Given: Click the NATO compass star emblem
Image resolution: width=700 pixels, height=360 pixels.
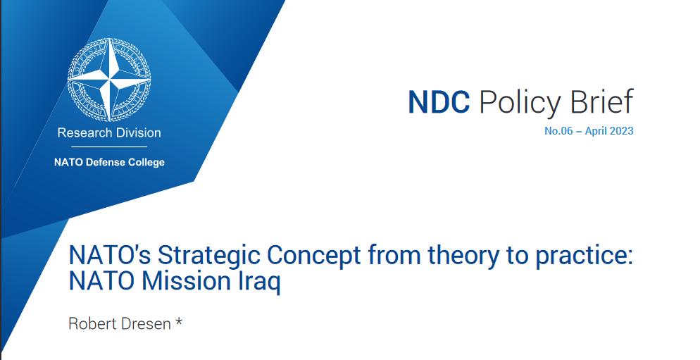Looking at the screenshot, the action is coord(109,80).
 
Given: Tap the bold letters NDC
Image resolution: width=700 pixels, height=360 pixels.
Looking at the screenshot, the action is coord(439,102).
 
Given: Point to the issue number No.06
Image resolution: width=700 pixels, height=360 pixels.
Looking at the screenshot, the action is coord(558,131).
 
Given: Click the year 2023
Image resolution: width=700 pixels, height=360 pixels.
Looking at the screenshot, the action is coord(621,131).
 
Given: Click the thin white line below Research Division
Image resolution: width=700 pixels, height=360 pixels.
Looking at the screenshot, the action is coord(109,147).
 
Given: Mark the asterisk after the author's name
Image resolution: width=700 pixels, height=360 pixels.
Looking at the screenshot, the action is coord(179,321).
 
